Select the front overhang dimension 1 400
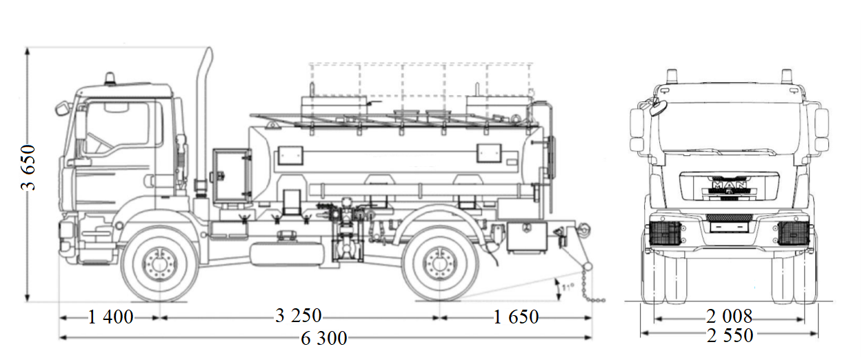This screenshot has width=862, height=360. [x=110, y=317]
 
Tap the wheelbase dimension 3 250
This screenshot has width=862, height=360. [x=298, y=316]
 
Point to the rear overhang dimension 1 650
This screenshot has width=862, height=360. [x=516, y=317]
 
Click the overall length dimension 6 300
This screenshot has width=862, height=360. [x=324, y=338]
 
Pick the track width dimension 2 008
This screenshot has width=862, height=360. [x=729, y=317]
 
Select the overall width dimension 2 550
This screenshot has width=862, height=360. [x=730, y=336]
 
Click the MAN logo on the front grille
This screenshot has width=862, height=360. [x=729, y=186]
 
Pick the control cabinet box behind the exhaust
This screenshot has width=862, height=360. [x=232, y=175]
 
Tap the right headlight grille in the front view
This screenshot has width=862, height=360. [x=793, y=233]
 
